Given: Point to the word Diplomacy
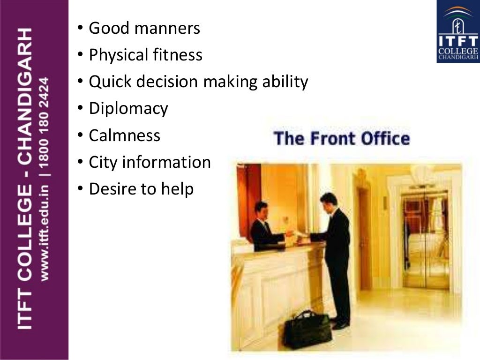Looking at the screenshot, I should [128, 109].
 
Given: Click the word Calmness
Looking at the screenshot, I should [124, 136].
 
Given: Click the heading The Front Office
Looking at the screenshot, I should [341, 139].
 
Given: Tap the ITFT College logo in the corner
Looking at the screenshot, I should [457, 31].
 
